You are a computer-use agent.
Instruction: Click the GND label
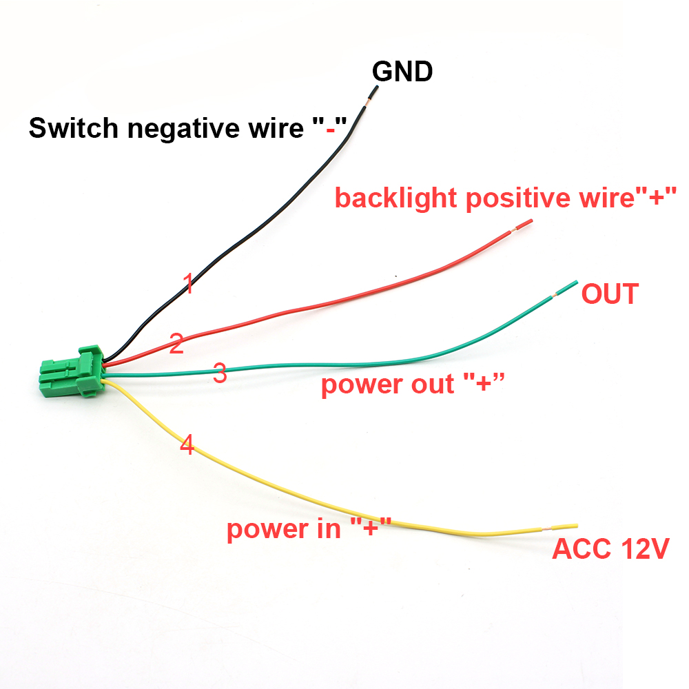[402, 72]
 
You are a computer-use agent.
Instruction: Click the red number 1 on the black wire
[187, 283]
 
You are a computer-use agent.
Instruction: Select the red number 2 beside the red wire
[176, 344]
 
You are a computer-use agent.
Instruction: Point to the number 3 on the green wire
[220, 374]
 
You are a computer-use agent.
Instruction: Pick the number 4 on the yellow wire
[187, 445]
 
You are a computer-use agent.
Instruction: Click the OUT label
[610, 294]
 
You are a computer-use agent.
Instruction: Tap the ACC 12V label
[610, 550]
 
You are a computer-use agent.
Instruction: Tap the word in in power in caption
[328, 530]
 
